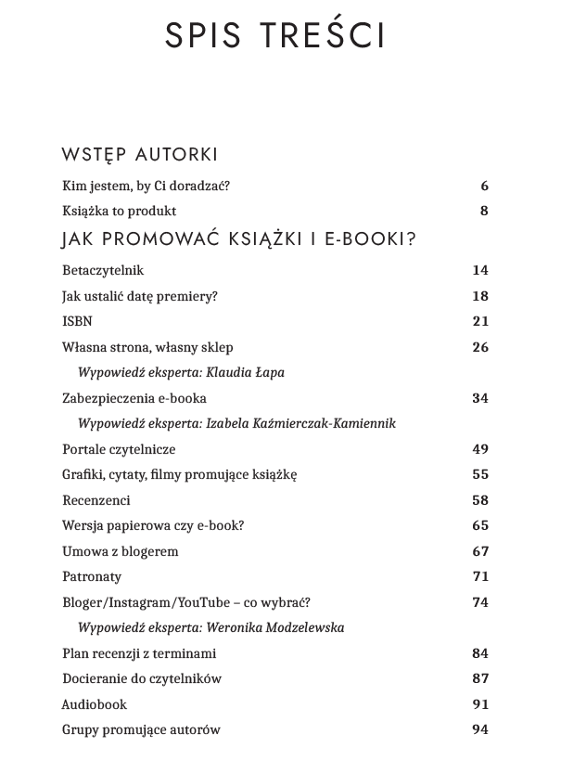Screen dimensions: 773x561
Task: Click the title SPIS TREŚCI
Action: [x=275, y=34]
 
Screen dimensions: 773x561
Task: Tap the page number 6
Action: [x=484, y=186]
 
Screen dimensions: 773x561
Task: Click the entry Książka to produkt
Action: [x=119, y=211]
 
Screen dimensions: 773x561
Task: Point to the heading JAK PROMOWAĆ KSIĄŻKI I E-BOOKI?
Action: [x=238, y=239]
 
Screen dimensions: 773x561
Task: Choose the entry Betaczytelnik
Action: [x=103, y=271]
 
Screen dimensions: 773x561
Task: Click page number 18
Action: [x=479, y=296]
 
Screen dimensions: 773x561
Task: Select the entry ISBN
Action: [x=77, y=321]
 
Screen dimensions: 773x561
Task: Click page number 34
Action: [x=479, y=398]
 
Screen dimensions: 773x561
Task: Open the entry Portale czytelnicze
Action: [x=119, y=449]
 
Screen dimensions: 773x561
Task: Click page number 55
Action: [x=479, y=474]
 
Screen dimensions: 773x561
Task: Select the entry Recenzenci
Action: [x=96, y=500]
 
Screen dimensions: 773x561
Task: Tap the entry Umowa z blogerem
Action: [x=120, y=551]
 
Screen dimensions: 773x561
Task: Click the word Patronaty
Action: [x=92, y=576]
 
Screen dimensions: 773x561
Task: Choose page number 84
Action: [x=479, y=653]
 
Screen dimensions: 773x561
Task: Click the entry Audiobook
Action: [x=94, y=704]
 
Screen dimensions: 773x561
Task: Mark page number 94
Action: [x=479, y=729]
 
